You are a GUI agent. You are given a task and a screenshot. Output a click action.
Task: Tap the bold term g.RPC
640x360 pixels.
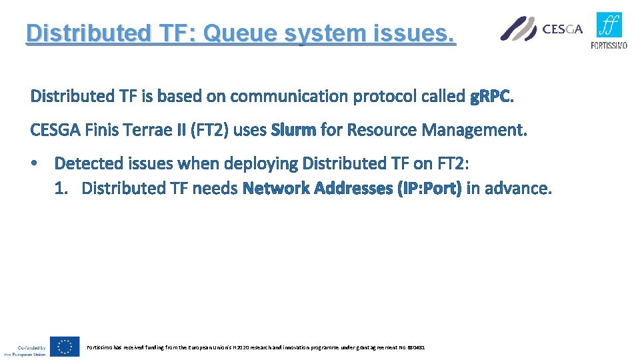coord(491,97)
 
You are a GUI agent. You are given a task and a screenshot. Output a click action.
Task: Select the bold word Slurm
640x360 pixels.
coord(293,130)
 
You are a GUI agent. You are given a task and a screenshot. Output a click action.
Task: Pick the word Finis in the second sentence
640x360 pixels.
coord(101,130)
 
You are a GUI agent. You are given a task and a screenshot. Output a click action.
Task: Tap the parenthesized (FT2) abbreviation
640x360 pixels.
coord(209,130)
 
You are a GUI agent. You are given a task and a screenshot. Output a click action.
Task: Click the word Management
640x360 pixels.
coord(474,130)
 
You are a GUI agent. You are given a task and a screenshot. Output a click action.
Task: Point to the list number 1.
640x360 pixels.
coord(61,189)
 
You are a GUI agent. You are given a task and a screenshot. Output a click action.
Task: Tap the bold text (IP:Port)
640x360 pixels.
coord(429,189)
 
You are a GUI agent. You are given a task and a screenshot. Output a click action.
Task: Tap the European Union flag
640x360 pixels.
coord(64,347)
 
